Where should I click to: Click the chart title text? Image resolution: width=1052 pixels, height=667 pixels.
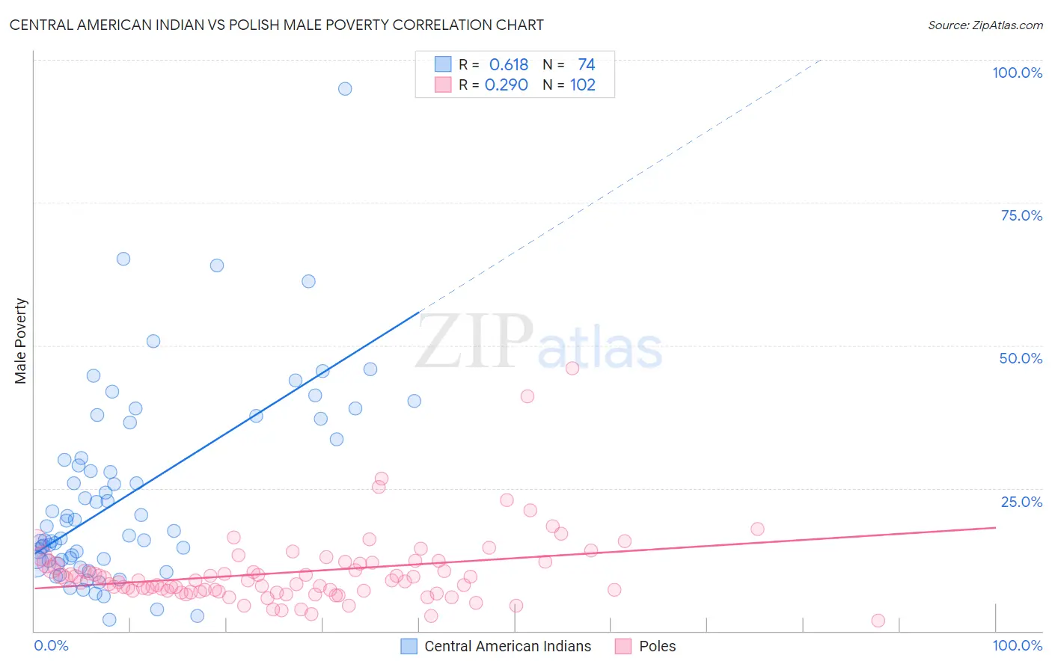click(276, 25)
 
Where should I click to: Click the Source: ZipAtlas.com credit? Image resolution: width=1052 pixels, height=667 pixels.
click(985, 25)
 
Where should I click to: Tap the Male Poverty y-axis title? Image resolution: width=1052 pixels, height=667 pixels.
click(20, 341)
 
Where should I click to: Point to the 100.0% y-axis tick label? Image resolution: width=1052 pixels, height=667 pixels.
click(1017, 73)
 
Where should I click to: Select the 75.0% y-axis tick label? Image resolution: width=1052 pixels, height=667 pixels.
click(1021, 215)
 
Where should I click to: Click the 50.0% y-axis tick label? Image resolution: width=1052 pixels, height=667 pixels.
click(1021, 358)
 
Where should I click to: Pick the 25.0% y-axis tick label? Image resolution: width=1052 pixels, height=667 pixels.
click(1021, 502)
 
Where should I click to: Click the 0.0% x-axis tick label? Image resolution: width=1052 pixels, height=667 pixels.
click(51, 645)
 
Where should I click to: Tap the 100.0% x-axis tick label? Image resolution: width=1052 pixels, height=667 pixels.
click(1017, 645)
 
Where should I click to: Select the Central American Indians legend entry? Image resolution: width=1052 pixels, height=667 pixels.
click(496, 646)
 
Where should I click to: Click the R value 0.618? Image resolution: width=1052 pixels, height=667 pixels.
click(508, 65)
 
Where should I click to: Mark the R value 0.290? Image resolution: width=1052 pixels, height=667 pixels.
click(507, 85)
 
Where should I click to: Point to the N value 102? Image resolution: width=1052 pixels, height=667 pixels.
click(583, 85)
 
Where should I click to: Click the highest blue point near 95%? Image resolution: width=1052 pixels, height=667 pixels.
click(345, 89)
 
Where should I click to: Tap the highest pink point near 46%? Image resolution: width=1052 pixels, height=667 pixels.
click(572, 368)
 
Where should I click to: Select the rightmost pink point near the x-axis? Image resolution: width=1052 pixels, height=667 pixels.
click(878, 621)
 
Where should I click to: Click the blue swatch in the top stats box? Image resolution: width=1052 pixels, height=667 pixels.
click(443, 64)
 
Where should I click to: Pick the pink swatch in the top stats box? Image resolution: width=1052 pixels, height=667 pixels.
click(443, 84)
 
